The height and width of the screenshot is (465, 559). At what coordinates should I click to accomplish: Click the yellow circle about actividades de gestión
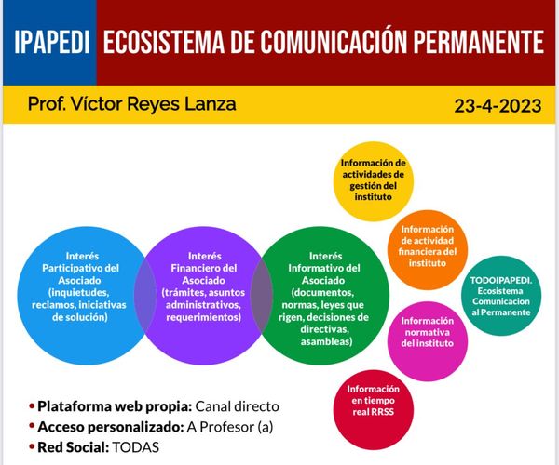(x=373, y=180)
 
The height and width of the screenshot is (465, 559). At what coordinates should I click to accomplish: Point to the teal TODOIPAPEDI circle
(x=501, y=295)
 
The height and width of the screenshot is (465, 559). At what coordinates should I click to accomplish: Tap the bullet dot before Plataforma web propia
(x=32, y=406)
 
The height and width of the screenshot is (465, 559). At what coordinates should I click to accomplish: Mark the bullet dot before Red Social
(x=32, y=447)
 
